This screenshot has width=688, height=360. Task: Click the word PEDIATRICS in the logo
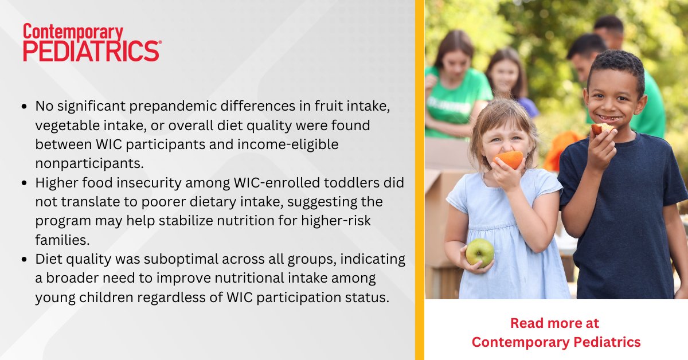pos(92,51)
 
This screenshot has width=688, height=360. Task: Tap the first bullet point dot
pos(24,107)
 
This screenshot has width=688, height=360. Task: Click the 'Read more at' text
pos(554,323)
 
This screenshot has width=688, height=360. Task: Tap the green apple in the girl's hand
pos(479,252)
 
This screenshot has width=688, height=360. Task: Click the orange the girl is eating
pos(509,159)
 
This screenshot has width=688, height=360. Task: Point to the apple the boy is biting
pos(601,129)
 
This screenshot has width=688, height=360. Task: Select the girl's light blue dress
pos(510,241)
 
